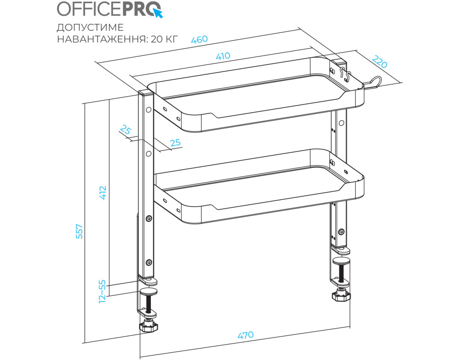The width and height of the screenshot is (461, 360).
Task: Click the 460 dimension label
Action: [x=199, y=39]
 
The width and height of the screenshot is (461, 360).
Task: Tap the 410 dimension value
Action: [x=223, y=56]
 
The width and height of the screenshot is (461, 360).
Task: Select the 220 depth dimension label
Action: [x=380, y=62]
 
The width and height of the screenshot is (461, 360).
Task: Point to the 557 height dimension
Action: [x=79, y=231]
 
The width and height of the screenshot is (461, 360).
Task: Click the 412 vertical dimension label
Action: [x=103, y=193]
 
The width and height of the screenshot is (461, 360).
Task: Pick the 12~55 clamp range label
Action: [x=102, y=291]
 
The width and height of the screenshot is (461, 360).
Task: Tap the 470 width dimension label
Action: [x=245, y=335]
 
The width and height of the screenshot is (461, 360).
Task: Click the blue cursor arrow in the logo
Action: [x=158, y=13]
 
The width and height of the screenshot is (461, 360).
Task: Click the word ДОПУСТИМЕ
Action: [x=90, y=27]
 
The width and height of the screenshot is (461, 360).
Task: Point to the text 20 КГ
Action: [x=164, y=39]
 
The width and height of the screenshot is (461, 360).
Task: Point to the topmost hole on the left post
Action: [x=149, y=110]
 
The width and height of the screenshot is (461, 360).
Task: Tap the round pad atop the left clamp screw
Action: [x=149, y=292]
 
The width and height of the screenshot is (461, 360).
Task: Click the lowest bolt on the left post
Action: [x=149, y=262]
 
